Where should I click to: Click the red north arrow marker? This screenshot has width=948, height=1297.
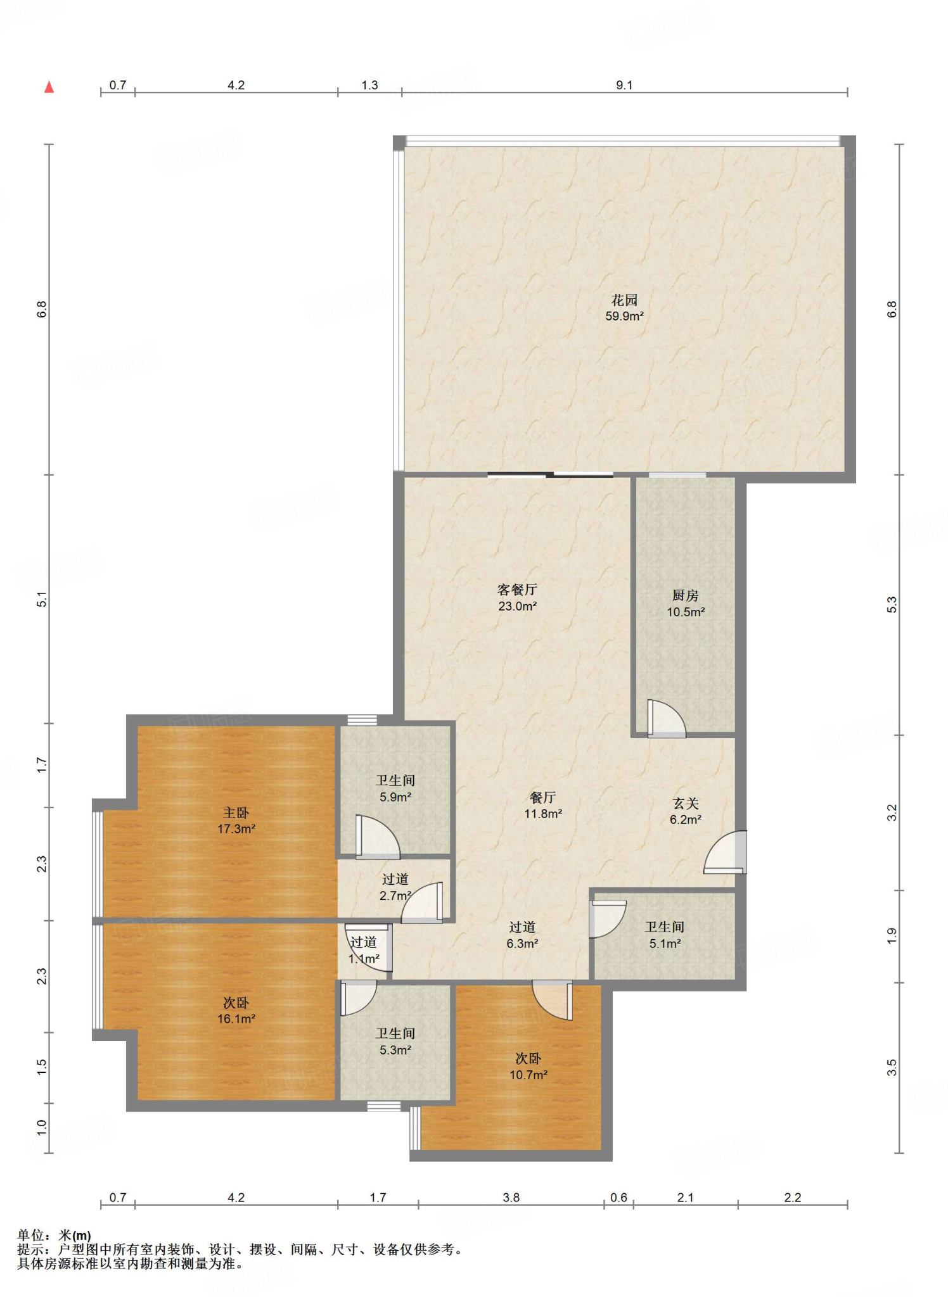[49, 87]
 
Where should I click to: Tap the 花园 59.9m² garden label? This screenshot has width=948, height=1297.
[624, 308]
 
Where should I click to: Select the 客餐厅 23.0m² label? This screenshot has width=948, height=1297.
[517, 597]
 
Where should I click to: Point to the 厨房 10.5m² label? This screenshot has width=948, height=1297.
[685, 604]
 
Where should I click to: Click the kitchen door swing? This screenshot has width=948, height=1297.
[666, 719]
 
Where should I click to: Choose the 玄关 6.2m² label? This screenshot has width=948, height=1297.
[685, 811]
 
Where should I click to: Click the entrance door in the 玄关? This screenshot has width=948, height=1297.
[726, 852]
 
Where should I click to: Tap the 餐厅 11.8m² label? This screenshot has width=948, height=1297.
[542, 806]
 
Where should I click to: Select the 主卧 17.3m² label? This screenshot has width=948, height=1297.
[236, 820]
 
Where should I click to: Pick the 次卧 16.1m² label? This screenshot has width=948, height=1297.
[236, 1011]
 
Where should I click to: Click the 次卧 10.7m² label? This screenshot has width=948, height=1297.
[528, 1066]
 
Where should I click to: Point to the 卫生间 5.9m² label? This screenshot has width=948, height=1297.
[395, 789]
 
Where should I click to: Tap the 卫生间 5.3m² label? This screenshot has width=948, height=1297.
[395, 1042]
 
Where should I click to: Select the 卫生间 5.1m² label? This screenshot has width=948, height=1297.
[665, 935]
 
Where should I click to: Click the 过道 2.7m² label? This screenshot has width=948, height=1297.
[395, 887]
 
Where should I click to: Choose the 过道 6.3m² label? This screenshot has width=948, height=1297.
[522, 935]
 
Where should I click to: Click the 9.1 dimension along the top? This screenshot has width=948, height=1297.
[624, 85]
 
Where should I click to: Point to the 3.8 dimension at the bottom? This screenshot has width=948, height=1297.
[511, 1198]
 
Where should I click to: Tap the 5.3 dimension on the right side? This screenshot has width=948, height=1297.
[892, 605]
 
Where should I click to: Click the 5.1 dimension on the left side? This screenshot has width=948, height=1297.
[42, 599]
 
